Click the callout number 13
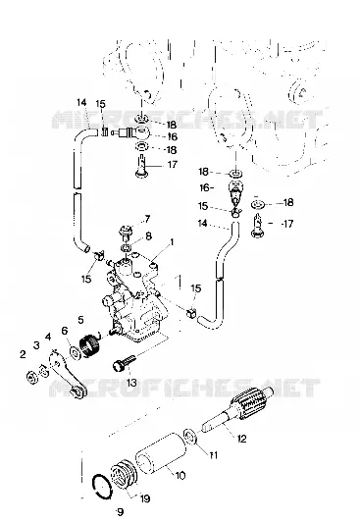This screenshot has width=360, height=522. pos(131,383)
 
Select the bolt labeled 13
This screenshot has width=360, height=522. pos(125,363)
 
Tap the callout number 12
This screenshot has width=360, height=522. pos(242,439)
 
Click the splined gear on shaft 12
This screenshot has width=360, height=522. pos(249,404)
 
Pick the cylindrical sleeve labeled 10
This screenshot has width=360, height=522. pos(160,452)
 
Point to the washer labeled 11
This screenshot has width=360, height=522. pos(191,437)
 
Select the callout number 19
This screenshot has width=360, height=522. pos(145,498)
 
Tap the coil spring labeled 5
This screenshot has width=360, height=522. pos(90,346)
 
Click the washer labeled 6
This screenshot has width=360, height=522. pos(75,352)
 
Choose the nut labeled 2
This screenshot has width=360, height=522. pos(32,377)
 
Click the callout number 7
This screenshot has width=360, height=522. pos(147,220)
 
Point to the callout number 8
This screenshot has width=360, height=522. pos(149,236)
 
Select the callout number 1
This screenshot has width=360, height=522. pos(172,242)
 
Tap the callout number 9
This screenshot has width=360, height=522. pos(120,511)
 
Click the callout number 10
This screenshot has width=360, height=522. pos(180,475)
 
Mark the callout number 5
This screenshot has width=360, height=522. pos(80,320)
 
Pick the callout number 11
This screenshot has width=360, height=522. pos(213,454)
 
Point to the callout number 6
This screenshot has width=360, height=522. pos(65,331)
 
